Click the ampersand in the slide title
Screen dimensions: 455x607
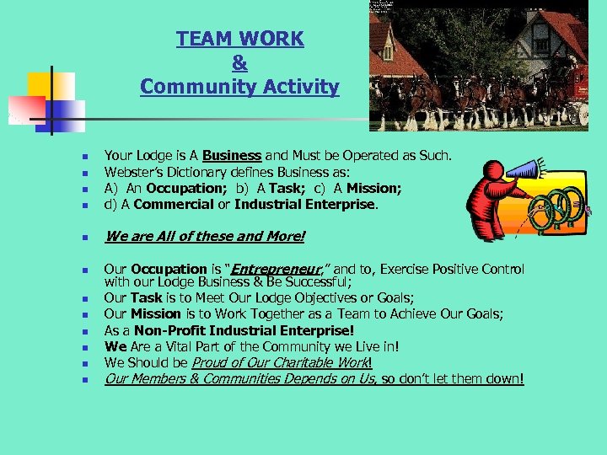(x=239, y=62)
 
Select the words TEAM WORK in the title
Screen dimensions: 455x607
(x=239, y=39)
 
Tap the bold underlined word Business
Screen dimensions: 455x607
(x=232, y=156)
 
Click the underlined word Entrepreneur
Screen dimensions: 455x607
(x=269, y=270)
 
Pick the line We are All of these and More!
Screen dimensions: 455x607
(x=204, y=236)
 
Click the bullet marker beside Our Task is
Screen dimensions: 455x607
(x=74, y=299)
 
